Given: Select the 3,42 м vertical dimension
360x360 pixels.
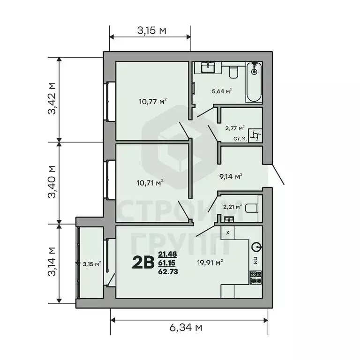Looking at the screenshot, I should pos(52,98).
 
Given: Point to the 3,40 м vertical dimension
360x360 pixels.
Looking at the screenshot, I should pos(52,182).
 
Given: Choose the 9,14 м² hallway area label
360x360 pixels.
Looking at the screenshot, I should pos(231,177).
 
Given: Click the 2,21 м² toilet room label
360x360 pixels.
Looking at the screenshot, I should pos(232,206).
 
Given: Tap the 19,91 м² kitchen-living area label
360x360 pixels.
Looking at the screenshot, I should pos(210,262).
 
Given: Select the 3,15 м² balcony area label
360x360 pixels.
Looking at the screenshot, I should pos(91,264).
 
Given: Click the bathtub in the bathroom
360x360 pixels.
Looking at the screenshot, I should pos(254,82).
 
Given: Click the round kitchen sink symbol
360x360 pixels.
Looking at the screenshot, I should pos(255,247).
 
